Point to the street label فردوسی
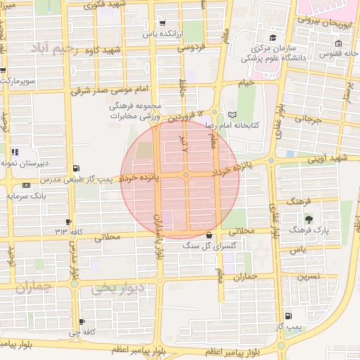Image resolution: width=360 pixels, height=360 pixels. (x=190, y=48)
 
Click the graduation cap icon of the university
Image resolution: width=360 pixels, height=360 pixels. (x=272, y=37)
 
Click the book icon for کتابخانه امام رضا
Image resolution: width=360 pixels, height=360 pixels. (x=233, y=114)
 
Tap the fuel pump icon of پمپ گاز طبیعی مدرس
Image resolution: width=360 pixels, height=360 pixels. (x=76, y=168)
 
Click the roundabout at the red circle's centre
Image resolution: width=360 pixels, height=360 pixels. (x=186, y=175)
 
